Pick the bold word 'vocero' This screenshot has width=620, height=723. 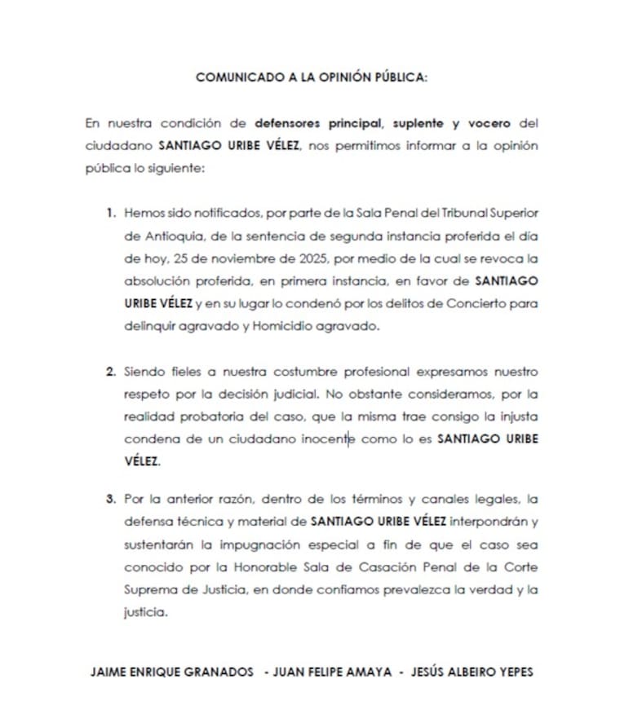[x=488, y=124]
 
